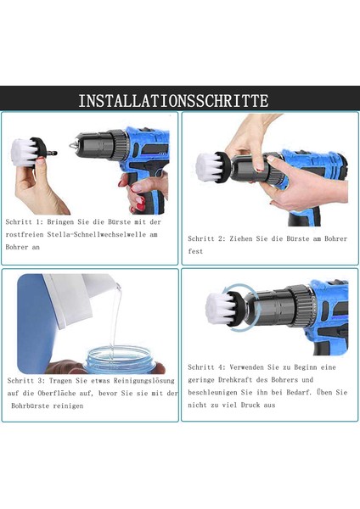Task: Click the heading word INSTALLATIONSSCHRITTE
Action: point(173,100)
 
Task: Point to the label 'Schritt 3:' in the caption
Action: point(26,380)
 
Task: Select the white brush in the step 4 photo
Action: point(220,306)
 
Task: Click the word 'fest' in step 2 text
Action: point(196,252)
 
